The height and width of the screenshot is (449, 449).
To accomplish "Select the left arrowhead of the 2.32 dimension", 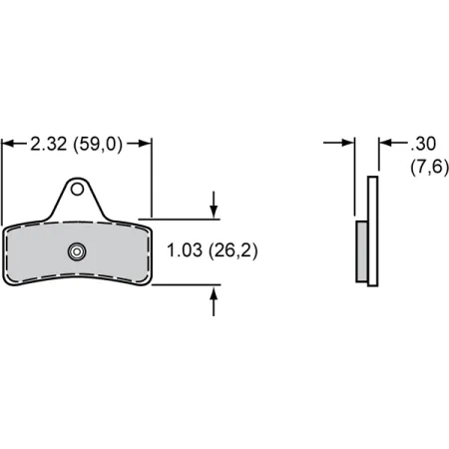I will pos(7,145).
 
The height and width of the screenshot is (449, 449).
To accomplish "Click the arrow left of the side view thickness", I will pos(348,144).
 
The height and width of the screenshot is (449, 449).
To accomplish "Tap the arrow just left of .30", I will pos(385,144).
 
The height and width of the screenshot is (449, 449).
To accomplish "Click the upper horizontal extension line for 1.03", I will pos(180,218).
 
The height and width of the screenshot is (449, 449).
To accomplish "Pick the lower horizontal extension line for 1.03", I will pos(180,285).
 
